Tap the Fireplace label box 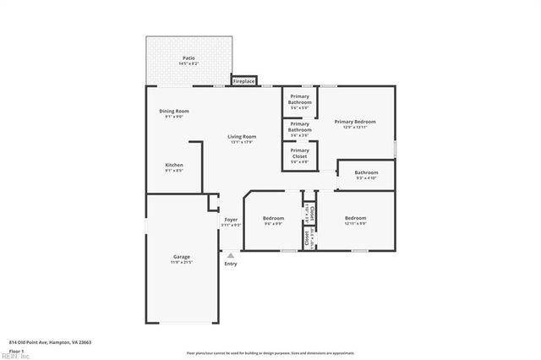[244, 81]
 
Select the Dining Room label [174, 112]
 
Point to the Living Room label [242, 136]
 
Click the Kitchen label [174, 165]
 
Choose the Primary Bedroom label [354, 122]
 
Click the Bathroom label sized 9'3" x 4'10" [366, 172]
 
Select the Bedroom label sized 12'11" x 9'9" [355, 218]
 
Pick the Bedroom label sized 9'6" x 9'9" [273, 218]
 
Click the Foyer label [231, 220]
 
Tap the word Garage [182, 257]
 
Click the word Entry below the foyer [231, 264]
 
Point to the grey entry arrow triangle [231, 254]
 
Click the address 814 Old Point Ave [50, 342]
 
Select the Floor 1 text [17, 350]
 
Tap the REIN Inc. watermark [15, 356]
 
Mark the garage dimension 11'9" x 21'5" [182, 263]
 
